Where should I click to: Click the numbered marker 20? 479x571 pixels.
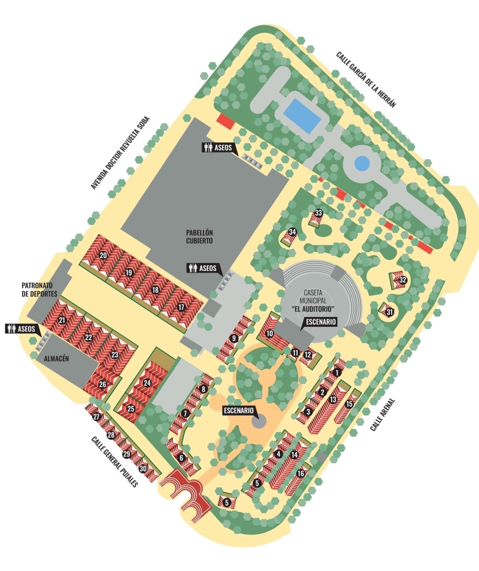[x=103, y=255]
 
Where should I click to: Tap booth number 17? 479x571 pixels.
[x=181, y=307]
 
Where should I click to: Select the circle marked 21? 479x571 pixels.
[x=62, y=320]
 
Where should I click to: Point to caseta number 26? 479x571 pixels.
[x=102, y=384]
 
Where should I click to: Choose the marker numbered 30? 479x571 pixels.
[x=143, y=468]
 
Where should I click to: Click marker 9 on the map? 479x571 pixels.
[x=234, y=338]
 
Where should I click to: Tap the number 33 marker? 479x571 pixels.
[x=318, y=213]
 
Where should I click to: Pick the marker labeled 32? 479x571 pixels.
[x=403, y=280]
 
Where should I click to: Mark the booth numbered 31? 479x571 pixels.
[x=390, y=312]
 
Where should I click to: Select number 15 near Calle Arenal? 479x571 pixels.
[x=349, y=403]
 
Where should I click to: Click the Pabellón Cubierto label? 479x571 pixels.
[x=200, y=237]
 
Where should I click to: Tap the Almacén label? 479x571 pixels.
[x=56, y=359]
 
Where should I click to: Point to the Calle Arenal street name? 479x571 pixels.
[x=382, y=415]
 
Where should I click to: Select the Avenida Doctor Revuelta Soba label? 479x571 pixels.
[x=121, y=153]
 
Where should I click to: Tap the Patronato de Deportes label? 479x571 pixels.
[x=39, y=289]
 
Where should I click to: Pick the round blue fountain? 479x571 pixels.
[x=362, y=164]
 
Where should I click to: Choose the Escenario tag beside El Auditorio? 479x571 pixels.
[x=320, y=322]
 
